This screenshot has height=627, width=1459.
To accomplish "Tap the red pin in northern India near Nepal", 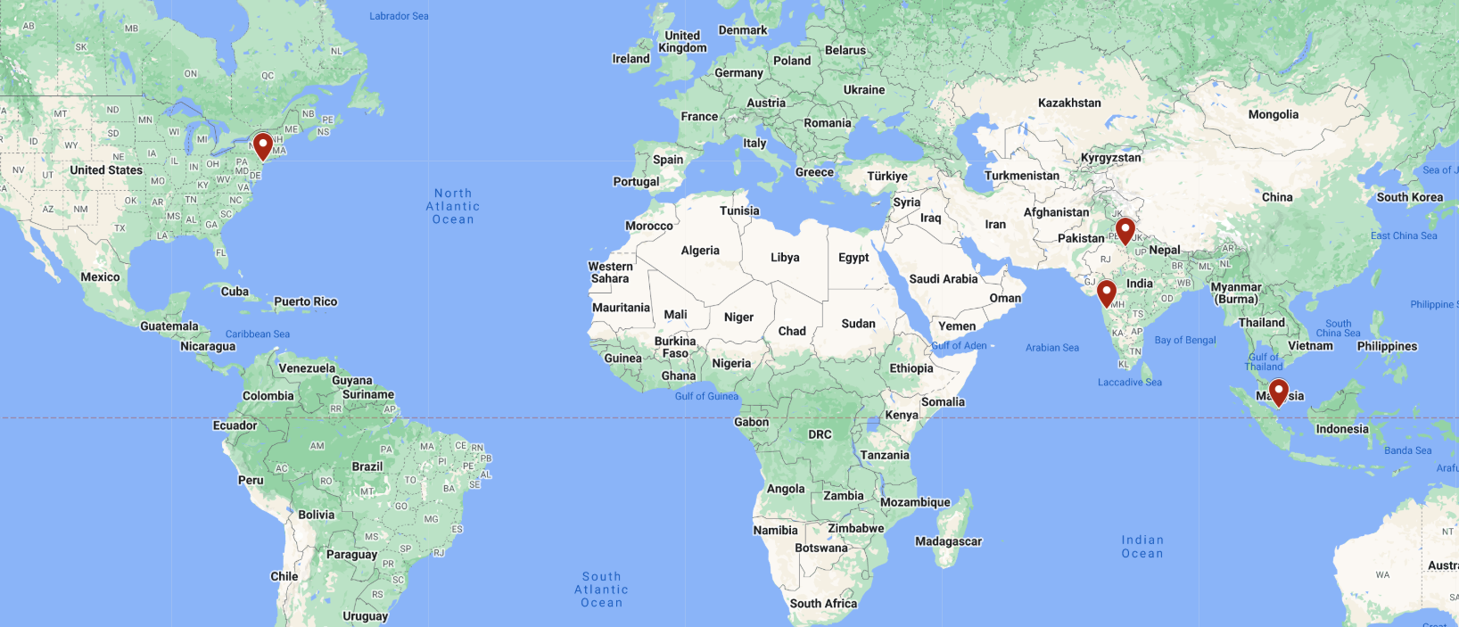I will pos(1125,230).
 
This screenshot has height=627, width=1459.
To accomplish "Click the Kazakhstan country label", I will pos(1069,103).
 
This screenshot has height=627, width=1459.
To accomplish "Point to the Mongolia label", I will pos(1273,114).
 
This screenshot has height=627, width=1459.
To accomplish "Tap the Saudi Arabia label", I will pos(943,279).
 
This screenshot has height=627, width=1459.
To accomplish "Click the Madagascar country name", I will pos(948,541).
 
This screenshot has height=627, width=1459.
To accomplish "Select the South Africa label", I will pos(823,603).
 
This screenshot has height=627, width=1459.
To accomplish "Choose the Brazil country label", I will pos(367,466).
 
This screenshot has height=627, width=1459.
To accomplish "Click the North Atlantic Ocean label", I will pos(453,206).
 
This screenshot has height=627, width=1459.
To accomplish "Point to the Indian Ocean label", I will pos(1142,547).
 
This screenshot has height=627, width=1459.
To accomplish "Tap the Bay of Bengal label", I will pos(1185,340).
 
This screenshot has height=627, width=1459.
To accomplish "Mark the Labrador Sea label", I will pos(399,16).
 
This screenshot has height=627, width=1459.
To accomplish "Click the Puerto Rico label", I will pos(306,301).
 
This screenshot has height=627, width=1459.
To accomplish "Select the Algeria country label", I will pos(700,251).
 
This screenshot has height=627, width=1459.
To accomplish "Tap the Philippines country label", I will pos(1387,346).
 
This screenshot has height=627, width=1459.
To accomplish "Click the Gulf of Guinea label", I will pos(706,396).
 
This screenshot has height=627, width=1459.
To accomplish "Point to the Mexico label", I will pos(100,277).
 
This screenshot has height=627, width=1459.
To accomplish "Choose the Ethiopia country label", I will pos(911,368).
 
